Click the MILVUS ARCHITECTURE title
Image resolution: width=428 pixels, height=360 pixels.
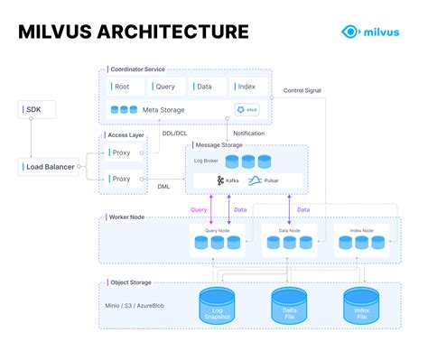click(x=134, y=32)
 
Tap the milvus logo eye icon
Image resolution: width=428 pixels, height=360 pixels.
click(x=350, y=32)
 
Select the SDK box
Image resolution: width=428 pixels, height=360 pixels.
click(x=32, y=109)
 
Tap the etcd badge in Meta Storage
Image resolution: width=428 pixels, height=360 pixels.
click(x=247, y=110)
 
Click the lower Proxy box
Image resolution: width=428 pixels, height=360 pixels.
click(x=121, y=179)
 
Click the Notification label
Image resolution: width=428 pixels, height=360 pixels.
click(x=248, y=133)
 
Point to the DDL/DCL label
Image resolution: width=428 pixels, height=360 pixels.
click(x=175, y=133)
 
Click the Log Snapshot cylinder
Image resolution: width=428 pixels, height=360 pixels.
click(x=217, y=306)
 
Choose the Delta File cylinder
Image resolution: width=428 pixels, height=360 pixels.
click(x=288, y=306)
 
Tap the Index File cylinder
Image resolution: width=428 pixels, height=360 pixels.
click(x=361, y=306)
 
